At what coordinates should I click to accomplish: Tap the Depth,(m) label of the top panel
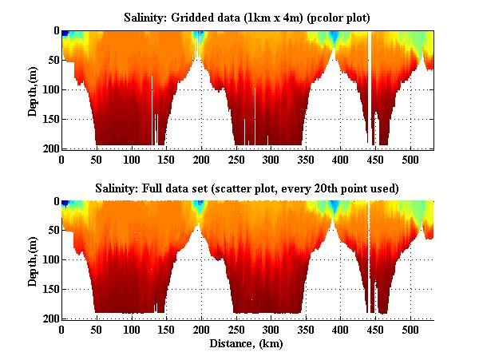(x=33, y=89)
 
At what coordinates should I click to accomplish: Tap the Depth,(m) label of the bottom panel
(x=33, y=259)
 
